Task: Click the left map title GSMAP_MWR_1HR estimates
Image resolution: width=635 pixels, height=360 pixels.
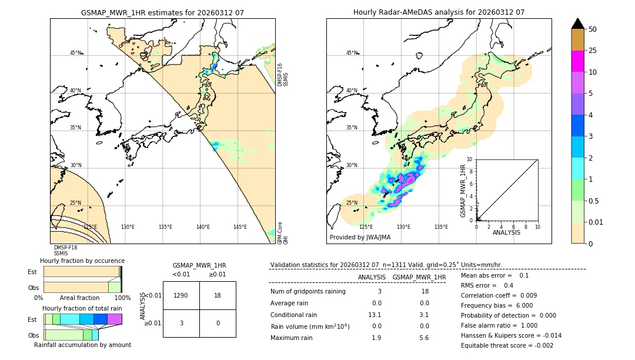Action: pyautogui.click(x=162, y=12)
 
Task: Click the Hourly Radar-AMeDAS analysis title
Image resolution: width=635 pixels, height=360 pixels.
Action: pyautogui.click(x=439, y=12)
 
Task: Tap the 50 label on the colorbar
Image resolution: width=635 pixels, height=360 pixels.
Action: pyautogui.click(x=593, y=29)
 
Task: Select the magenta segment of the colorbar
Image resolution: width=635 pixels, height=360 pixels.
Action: pyautogui.click(x=578, y=61)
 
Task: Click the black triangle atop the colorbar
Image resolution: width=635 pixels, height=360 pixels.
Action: pyautogui.click(x=578, y=24)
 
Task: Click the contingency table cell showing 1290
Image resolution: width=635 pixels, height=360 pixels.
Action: pyautogui.click(x=181, y=295)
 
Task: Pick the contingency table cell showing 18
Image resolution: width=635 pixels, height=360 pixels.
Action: pyautogui.click(x=218, y=295)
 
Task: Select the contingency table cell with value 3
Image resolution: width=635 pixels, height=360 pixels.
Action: pyautogui.click(x=181, y=323)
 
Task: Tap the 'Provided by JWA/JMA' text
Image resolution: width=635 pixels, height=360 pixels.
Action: pyautogui.click(x=360, y=237)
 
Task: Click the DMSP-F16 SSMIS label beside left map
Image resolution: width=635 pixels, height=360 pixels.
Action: pyautogui.click(x=283, y=75)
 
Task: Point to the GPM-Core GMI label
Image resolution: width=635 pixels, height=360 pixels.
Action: pyautogui.click(x=283, y=233)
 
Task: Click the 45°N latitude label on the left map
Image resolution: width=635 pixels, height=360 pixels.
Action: pyautogui.click(x=75, y=53)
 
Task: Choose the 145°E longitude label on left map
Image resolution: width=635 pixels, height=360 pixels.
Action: pyautogui.click(x=240, y=227)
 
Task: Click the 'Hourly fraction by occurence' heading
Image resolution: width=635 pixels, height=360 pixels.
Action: pyautogui.click(x=82, y=261)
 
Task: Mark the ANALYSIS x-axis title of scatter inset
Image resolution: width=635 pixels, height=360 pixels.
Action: pyautogui.click(x=506, y=232)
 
